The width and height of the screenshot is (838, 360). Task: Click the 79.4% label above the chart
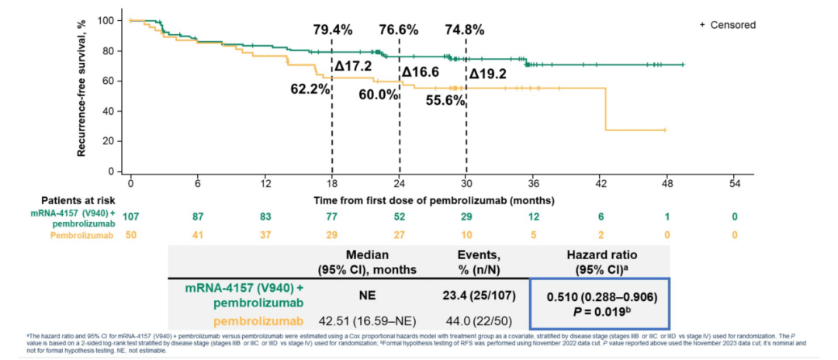[333, 30]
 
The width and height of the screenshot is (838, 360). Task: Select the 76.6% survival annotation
[399, 30]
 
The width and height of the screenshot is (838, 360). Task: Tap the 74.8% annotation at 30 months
[465, 30]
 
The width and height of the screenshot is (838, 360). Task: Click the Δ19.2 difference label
[488, 75]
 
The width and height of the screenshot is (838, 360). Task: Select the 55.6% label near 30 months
[445, 100]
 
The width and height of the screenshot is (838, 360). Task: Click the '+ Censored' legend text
[727, 25]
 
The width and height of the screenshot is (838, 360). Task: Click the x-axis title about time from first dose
[433, 200]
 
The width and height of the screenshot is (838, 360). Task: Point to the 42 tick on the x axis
[601, 184]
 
